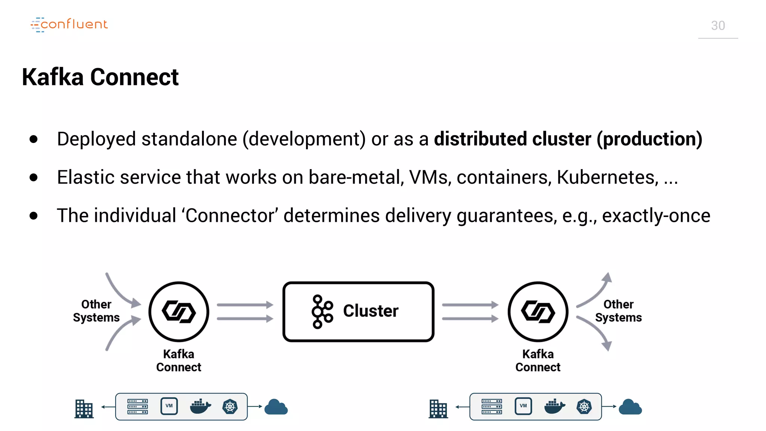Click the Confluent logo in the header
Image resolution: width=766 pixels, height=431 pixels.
click(x=69, y=24)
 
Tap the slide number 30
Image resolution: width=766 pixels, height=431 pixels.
click(x=718, y=25)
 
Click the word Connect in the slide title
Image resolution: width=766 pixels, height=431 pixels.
click(x=134, y=77)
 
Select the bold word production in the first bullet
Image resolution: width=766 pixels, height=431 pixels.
click(x=649, y=139)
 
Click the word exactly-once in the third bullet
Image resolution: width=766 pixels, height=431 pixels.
click(x=656, y=215)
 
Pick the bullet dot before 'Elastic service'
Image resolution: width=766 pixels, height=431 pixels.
click(x=34, y=177)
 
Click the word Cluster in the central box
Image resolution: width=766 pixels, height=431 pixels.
click(x=371, y=311)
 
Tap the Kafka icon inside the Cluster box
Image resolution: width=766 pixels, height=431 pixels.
click(x=322, y=312)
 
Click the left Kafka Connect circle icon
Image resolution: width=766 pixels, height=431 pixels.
click(x=179, y=312)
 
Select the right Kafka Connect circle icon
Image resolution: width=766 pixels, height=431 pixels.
click(x=538, y=312)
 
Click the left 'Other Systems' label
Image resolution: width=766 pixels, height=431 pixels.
click(x=96, y=311)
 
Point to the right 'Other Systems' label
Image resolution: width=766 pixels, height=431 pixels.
click(x=618, y=311)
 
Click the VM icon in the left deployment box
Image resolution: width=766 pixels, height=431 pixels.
click(x=169, y=406)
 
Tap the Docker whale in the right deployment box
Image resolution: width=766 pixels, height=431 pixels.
click(x=554, y=406)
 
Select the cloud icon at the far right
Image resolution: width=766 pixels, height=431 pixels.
click(x=630, y=407)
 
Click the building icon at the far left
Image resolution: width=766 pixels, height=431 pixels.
click(x=84, y=409)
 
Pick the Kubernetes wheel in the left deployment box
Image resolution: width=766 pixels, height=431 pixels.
click(x=230, y=407)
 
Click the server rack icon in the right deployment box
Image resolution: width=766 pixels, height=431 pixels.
click(x=491, y=407)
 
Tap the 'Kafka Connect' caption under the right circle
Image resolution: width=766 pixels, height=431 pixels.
click(x=538, y=361)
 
